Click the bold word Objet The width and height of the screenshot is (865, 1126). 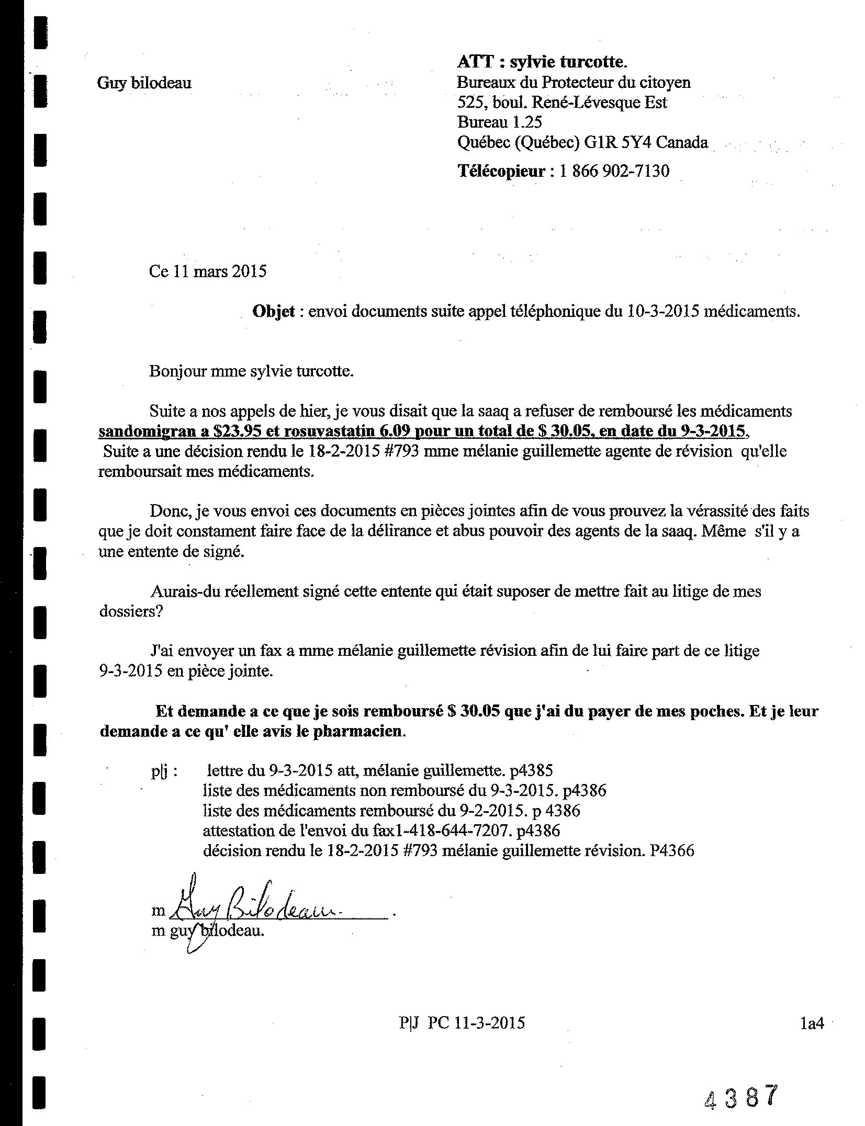coord(274,312)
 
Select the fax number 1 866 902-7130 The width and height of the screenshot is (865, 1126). coord(614,171)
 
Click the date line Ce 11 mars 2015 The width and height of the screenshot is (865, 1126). coord(208,271)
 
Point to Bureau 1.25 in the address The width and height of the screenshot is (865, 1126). coord(499,122)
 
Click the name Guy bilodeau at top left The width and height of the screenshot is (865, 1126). coord(144,83)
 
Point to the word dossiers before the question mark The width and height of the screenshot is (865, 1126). coord(128,611)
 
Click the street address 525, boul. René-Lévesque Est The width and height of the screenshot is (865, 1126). coord(562,102)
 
